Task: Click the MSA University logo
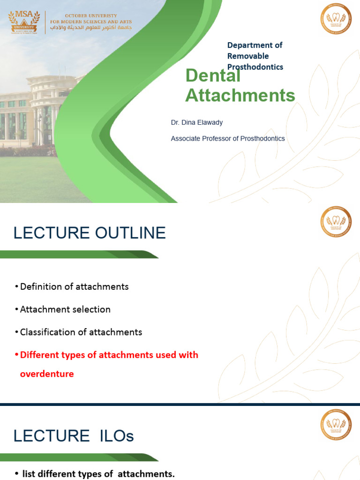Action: (x=25, y=22)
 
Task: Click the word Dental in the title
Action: (x=213, y=76)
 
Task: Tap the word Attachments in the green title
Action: (x=240, y=95)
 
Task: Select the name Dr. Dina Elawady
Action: (x=197, y=122)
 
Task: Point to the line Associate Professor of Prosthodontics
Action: (x=228, y=138)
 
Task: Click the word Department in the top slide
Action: (x=247, y=45)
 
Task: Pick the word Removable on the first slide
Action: (x=248, y=56)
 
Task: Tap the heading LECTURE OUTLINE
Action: (x=90, y=233)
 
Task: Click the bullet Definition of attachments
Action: (x=74, y=286)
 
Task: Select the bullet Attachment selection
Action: (x=65, y=309)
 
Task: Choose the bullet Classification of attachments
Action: (x=81, y=332)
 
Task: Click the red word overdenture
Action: (x=47, y=374)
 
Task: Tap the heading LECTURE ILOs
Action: (x=74, y=436)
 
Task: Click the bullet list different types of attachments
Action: (x=98, y=474)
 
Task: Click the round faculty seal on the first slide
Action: (x=336, y=18)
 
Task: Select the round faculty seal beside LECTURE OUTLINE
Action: (x=336, y=222)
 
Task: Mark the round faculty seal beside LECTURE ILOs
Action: (x=336, y=425)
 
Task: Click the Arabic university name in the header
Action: (x=91, y=29)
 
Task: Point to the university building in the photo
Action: (x=37, y=112)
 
